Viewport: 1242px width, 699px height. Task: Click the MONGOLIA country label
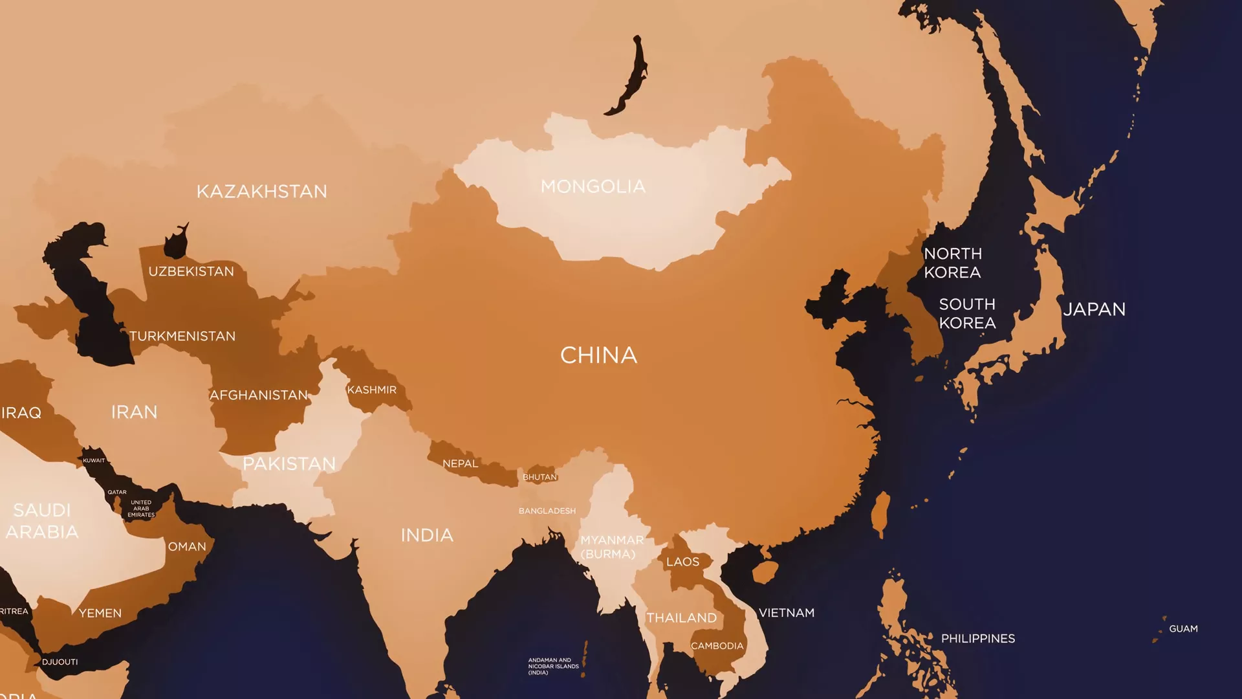coord(593,187)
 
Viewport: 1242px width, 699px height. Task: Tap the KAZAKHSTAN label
coord(261,192)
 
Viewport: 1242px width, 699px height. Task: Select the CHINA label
coord(598,355)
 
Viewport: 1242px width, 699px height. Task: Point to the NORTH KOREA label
coord(952,263)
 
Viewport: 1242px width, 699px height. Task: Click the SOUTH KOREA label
coord(967,313)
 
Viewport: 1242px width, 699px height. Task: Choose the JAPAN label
coord(1095,309)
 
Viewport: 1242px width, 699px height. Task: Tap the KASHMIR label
coord(371,390)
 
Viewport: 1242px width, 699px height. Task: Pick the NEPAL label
coord(460,463)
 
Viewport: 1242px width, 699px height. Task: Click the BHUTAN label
coord(539,477)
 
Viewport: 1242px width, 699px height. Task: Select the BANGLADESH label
coord(547,511)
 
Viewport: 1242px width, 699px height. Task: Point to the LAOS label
coord(682,562)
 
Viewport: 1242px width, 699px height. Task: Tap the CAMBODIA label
coord(717,646)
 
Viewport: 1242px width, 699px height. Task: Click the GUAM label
coord(1183,628)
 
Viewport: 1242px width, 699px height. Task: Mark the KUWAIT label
coord(94,460)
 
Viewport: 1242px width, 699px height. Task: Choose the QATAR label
coord(117,492)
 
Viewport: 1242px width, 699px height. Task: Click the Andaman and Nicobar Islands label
coord(553,666)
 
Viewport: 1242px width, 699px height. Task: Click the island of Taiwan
coord(880,515)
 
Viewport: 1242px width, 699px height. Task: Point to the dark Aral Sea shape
coord(175,241)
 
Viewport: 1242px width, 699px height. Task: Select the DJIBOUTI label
coord(60,661)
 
